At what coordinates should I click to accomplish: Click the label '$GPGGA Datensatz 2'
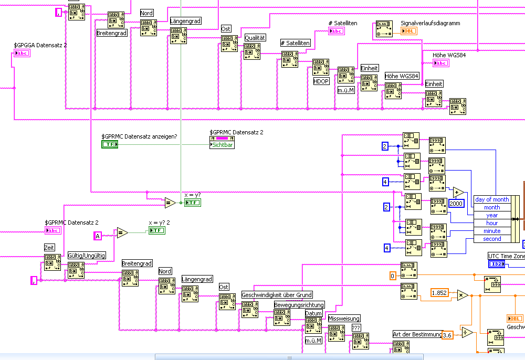pos(40,45)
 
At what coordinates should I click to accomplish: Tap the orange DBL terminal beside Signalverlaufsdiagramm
pos(409,31)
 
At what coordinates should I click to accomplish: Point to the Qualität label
pos(256,38)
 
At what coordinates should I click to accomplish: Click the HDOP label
pos(321,81)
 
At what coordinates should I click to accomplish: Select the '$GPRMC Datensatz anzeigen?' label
pos(139,136)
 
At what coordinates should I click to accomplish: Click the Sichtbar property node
pos(222,144)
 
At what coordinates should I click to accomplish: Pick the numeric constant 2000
pos(456,203)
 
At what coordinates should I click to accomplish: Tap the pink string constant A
pos(97,236)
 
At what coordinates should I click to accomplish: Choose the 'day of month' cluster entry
pos(492,199)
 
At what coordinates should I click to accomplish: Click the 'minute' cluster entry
pos(492,231)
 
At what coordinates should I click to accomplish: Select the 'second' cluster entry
pos(492,239)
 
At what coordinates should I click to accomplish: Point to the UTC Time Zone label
pos(507,256)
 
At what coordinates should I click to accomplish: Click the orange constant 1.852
pos(439,292)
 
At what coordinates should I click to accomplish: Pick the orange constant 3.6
pos(447,335)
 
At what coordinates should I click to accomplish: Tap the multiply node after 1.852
pos(463,295)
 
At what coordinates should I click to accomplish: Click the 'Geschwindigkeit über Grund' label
pos(277,295)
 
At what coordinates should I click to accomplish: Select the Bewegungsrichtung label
pos(299,304)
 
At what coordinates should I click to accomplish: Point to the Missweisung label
pos(344,319)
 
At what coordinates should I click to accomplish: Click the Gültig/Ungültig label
pos(87,256)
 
